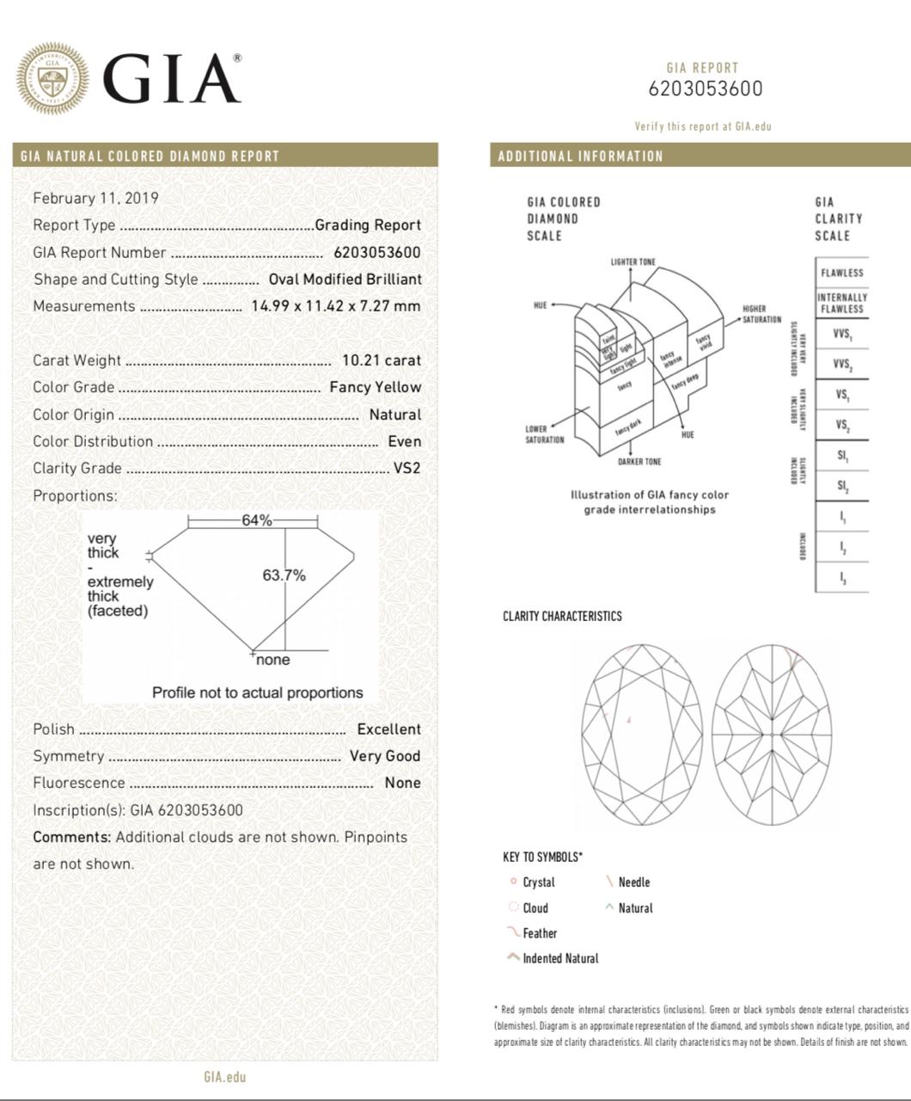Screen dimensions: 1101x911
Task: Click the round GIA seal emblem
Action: point(52,78)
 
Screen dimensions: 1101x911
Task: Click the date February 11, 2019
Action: point(95,198)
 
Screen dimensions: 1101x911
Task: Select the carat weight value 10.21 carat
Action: point(381,360)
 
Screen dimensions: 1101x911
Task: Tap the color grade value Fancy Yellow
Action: point(375,387)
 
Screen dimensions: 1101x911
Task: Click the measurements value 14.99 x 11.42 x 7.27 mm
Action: point(335,306)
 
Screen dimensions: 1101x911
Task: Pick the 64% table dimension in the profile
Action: point(256,520)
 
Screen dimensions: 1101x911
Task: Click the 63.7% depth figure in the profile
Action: point(284,575)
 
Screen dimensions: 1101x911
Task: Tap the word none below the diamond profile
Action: point(272,660)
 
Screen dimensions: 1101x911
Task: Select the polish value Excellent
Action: point(388,729)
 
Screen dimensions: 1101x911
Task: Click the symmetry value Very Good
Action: point(384,756)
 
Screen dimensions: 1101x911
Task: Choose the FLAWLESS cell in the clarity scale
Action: point(841,273)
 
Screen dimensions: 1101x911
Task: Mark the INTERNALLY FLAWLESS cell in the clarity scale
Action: point(841,303)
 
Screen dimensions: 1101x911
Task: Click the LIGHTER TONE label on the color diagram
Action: point(633,261)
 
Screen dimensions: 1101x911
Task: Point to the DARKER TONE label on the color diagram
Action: point(639,462)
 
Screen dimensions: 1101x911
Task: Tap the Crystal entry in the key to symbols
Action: point(538,883)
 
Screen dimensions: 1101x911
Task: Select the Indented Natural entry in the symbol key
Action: point(559,958)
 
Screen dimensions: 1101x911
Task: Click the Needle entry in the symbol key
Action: point(633,883)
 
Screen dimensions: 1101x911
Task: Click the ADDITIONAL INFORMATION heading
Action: point(580,157)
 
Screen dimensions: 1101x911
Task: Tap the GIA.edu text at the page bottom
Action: point(224,1077)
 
